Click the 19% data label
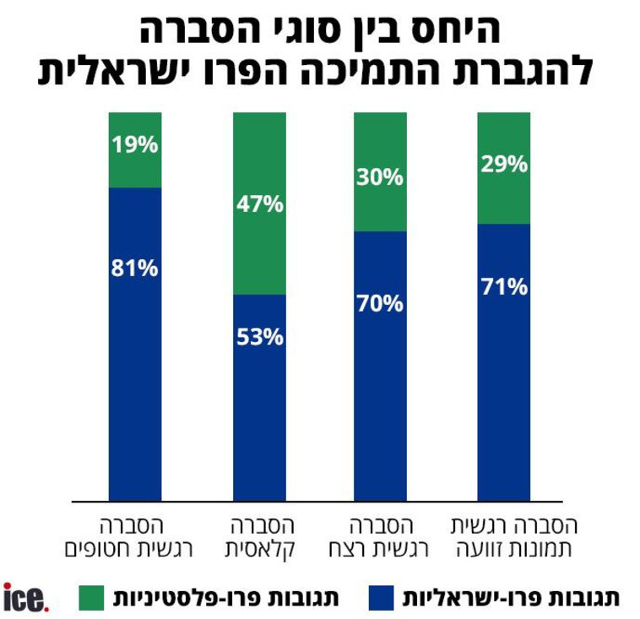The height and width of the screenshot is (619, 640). point(134,144)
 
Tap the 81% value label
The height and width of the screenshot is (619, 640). point(134,269)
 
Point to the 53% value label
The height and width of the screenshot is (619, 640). point(259,338)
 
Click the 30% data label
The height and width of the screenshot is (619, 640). point(380,177)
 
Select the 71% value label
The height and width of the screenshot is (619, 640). point(504,287)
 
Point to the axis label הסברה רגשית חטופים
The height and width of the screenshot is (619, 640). point(133,536)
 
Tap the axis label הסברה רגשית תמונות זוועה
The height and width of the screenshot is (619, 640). point(512,536)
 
